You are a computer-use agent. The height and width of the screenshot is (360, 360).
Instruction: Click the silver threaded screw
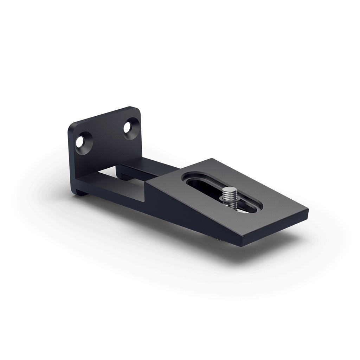click(x=228, y=195)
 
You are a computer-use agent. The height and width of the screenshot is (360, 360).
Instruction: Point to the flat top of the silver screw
click(x=228, y=190)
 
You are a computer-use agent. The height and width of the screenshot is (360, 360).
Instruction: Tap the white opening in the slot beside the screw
click(x=246, y=210)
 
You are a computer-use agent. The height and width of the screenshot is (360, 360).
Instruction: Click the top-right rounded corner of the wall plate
click(x=135, y=109)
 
